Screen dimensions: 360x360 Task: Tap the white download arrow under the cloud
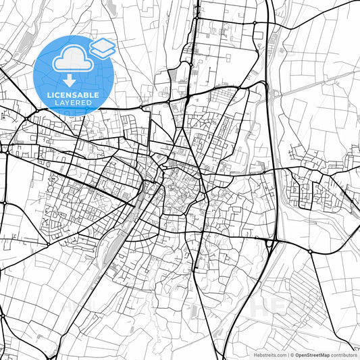pyautogui.click(x=70, y=80)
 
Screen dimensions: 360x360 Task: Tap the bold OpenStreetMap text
pyautogui.click(x=312, y=354)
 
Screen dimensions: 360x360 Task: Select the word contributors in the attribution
pyautogui.click(x=343, y=354)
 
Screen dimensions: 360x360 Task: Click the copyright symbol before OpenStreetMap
pyautogui.click(x=292, y=354)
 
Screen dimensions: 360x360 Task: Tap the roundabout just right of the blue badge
pyautogui.click(x=140, y=107)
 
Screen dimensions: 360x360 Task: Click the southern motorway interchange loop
pyautogui.click(x=270, y=241)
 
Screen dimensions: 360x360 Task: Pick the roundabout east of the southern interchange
pyautogui.click(x=309, y=252)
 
